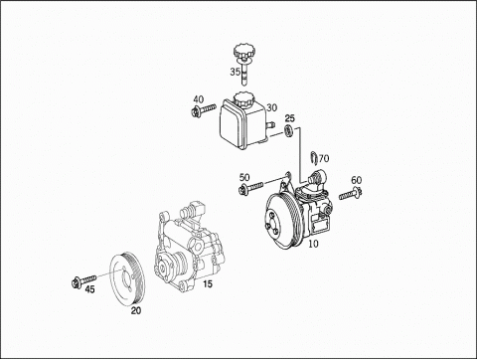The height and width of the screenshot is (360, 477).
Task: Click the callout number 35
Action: pyautogui.click(x=236, y=72)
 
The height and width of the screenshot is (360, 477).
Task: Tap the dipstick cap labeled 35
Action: pyautogui.click(x=243, y=54)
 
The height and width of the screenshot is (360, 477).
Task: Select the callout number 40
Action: pyautogui.click(x=199, y=99)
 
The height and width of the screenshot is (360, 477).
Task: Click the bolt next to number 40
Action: pyautogui.click(x=204, y=109)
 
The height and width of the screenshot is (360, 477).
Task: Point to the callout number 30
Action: pyautogui.click(x=271, y=107)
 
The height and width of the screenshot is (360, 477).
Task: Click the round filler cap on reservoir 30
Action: pyautogui.click(x=243, y=99)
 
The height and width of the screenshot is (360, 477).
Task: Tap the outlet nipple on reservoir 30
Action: pyautogui.click(x=271, y=125)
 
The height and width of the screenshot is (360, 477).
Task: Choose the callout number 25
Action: pyautogui.click(x=290, y=118)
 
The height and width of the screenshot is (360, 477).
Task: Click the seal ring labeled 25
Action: pyautogui.click(x=289, y=131)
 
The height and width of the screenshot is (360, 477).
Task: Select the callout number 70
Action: pyautogui.click(x=324, y=158)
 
